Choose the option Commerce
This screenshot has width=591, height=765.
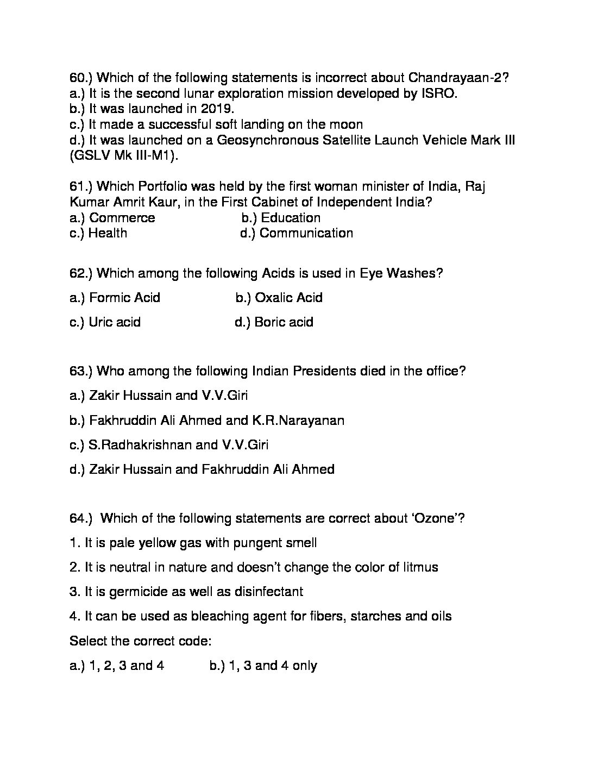pos(122,218)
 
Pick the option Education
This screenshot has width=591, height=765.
pos(291,218)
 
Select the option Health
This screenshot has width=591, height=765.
pos(108,233)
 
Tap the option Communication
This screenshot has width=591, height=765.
pos(306,233)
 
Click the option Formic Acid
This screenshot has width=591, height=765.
pos(124,298)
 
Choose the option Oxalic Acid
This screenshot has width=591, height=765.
pos(288,298)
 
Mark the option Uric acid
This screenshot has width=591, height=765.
pos(114,322)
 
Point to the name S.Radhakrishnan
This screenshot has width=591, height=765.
pos(140,445)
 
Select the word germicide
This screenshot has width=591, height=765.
pos(137,592)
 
